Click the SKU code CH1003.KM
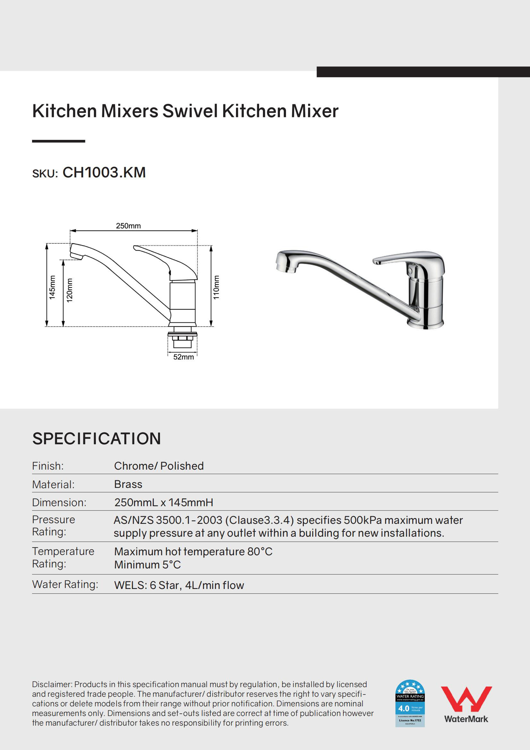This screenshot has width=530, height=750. click(x=104, y=173)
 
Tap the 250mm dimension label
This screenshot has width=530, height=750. click(x=128, y=226)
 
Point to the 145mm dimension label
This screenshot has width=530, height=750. click(x=52, y=287)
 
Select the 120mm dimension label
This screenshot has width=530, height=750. click(x=70, y=290)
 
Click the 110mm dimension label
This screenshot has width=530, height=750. click(x=216, y=287)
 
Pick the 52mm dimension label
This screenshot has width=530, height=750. click(x=183, y=357)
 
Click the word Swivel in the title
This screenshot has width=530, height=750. click(x=190, y=111)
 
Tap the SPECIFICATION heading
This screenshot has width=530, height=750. click(x=96, y=439)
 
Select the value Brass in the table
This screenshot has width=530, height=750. click(x=128, y=484)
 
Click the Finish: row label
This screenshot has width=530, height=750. click(x=48, y=466)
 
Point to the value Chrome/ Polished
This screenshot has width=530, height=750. click(x=159, y=466)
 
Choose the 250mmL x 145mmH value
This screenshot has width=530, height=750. click(x=164, y=502)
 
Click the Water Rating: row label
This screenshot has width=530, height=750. click(x=65, y=584)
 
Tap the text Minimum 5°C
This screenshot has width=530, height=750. click(x=147, y=565)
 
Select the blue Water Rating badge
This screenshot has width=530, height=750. click(x=410, y=703)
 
